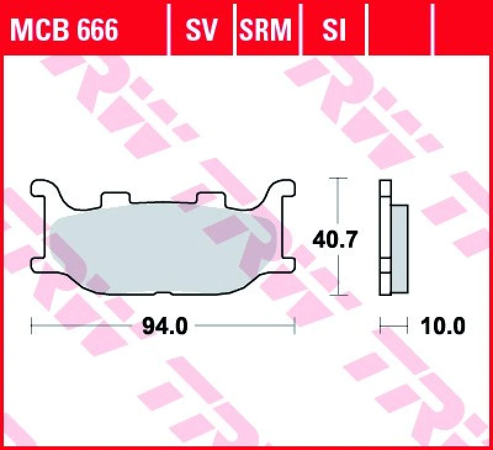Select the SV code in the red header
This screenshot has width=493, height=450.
[201, 29]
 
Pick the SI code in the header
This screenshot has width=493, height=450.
[333, 29]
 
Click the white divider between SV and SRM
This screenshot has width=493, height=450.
[235, 29]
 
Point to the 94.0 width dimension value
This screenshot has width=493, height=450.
[165, 325]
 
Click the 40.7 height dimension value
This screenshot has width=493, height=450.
[335, 239]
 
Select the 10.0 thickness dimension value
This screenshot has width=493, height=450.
[442, 325]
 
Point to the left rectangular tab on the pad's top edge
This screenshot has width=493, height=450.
[115, 197]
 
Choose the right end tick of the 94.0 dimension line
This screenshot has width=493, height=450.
[295, 325]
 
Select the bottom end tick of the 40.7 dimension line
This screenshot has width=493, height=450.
[335, 295]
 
